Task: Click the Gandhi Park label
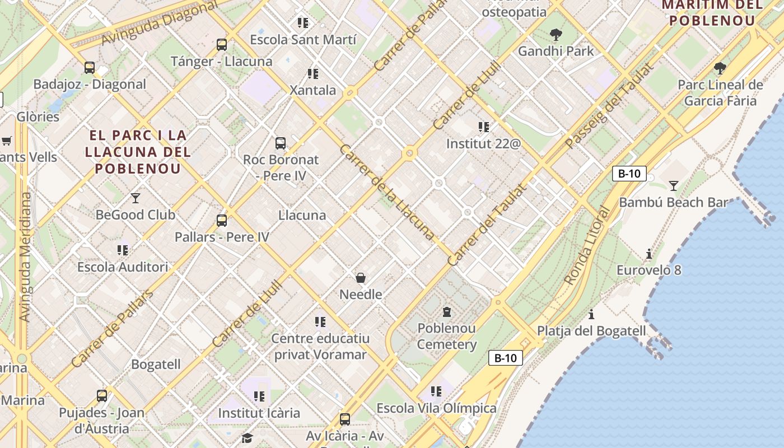[556, 51]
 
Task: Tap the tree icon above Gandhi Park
[556, 35]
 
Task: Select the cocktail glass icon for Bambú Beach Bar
[673, 185]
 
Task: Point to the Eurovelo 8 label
[648, 270]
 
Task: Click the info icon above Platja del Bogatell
[591, 314]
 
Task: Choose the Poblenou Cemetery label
[447, 336]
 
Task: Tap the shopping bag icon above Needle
[361, 278]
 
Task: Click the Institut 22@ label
[483, 144]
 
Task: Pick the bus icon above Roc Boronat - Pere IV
[281, 143]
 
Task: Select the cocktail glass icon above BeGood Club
[136, 198]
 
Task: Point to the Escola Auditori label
[123, 267]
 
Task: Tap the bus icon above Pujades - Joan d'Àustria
[102, 396]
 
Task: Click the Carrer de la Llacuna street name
[386, 193]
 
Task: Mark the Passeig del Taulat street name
[609, 106]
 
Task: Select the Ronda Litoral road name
[587, 246]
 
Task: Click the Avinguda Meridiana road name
[25, 257]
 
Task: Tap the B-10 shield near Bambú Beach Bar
[629, 174]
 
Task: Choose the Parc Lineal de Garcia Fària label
[720, 93]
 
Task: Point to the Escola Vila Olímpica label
[436, 408]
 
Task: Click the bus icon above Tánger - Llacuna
[222, 45]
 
